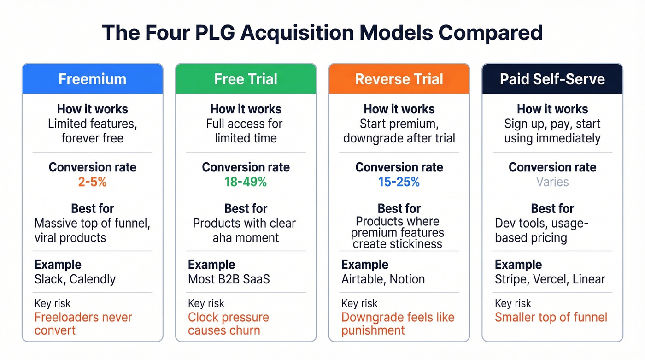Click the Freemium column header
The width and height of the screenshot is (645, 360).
tap(92, 79)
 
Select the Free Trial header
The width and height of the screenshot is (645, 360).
tap(246, 79)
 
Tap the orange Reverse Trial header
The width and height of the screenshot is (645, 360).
tap(399, 79)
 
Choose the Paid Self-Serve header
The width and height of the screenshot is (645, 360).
tap(552, 79)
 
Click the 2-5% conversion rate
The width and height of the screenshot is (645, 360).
tap(92, 182)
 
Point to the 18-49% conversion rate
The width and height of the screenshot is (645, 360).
tap(246, 182)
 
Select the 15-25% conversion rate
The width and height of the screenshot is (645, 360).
tap(399, 182)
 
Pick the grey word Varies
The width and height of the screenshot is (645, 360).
tap(552, 182)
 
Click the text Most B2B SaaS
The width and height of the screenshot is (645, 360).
tap(229, 279)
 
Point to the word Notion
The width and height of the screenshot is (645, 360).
tap(407, 279)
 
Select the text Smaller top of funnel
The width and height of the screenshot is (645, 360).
tap(551, 317)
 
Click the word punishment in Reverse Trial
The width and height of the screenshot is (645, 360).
tap(373, 330)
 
